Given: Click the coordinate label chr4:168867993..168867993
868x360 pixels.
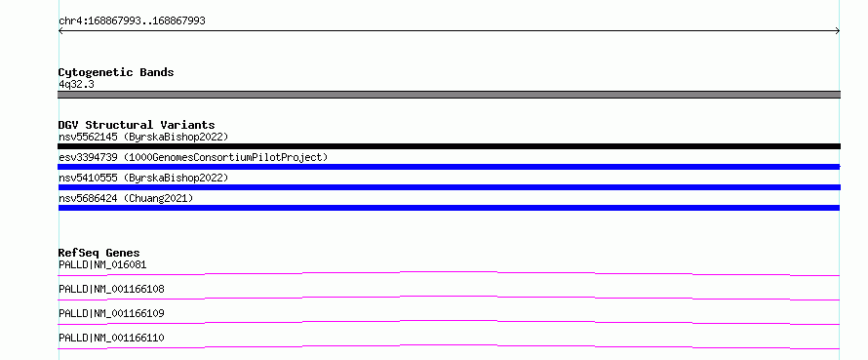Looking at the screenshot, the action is point(132,21).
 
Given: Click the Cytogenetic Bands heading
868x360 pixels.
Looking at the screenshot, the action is point(116,72).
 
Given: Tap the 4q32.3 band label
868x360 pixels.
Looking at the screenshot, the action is point(76,85).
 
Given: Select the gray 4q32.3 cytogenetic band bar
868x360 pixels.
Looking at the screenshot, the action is point(449,95).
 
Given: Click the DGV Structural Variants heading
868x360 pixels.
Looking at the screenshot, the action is point(137,125).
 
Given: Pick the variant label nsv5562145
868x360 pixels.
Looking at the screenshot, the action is point(88,137).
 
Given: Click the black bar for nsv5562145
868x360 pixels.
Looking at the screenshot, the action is point(449,146).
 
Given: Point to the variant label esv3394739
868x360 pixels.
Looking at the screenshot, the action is point(88,157).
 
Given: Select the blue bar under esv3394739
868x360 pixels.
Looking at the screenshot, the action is point(449,167).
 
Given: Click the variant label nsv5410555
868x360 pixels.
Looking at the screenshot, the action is point(88,178).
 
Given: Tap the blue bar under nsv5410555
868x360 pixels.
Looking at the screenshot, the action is point(449,187).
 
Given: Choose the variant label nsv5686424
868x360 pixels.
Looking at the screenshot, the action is point(88,198).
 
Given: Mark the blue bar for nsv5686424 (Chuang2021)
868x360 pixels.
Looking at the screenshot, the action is point(449,208).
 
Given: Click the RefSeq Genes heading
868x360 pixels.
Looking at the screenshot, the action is point(99,253).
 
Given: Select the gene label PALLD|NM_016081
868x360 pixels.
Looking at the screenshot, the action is point(102,264).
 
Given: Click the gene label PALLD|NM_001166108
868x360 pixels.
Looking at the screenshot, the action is point(111,289).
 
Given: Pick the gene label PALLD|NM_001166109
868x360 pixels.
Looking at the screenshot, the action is point(111,313).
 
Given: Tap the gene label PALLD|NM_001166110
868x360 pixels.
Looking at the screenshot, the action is point(111,338).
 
